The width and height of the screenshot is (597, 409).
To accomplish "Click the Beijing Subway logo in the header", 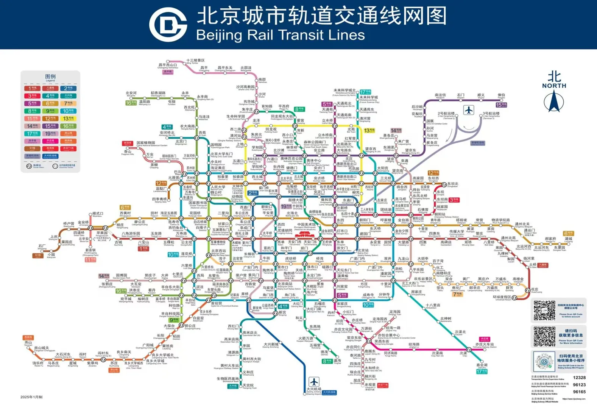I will click(168, 24).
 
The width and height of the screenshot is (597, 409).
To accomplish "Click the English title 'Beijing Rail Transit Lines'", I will click(280, 35).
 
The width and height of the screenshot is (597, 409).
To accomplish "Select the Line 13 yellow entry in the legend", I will click(69, 119).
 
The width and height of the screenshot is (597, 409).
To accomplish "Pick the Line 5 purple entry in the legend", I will click(32, 103).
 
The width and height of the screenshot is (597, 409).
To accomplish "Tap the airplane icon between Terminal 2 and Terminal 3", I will click(469, 110).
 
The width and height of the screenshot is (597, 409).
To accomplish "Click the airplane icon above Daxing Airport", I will click(313, 381).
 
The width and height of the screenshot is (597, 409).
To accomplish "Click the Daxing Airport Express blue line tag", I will click(329, 392).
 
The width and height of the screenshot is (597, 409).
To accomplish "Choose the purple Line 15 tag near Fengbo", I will click(501, 105).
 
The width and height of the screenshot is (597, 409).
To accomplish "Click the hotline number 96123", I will click(579, 385).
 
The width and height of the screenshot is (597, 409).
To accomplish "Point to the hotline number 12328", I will click(579, 378).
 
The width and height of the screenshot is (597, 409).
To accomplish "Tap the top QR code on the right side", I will click(544, 311).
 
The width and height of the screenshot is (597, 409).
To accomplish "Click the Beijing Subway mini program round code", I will click(544, 362).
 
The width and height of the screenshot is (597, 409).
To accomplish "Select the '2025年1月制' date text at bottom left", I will click(31, 397).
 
